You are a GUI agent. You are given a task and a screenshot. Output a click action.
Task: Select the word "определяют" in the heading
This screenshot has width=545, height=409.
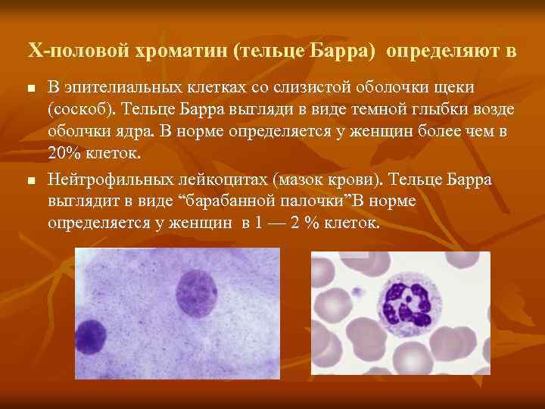tap(434, 52)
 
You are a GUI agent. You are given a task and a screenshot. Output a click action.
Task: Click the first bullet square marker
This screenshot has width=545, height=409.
tap(30, 89)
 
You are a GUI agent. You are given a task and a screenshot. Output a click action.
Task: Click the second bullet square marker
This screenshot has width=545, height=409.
tap(30, 181)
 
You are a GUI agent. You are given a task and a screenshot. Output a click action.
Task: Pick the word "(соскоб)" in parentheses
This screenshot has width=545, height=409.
tap(79, 110)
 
